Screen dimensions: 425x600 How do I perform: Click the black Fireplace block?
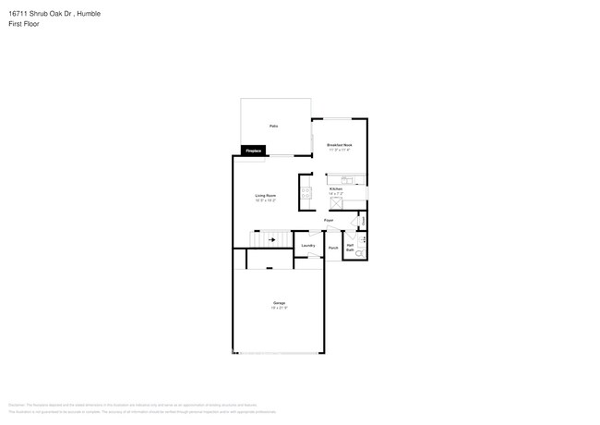click(253, 150)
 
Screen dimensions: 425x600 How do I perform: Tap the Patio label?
click(273, 126)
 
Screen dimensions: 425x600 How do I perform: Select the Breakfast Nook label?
click(340, 145)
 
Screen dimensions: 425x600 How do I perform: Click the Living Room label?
click(266, 195)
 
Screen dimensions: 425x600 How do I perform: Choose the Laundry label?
click(308, 245)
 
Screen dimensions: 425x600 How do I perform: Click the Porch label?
click(333, 248)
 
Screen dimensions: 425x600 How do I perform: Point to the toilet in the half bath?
click(360, 252)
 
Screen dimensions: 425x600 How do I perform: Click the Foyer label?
click(329, 221)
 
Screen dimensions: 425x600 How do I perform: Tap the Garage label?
click(279, 303)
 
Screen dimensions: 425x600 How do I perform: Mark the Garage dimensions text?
click(279, 308)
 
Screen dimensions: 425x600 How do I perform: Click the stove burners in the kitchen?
click(306, 192)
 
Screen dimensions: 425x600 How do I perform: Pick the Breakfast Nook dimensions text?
click(340, 150)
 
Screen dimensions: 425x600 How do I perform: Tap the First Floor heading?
click(24, 23)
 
